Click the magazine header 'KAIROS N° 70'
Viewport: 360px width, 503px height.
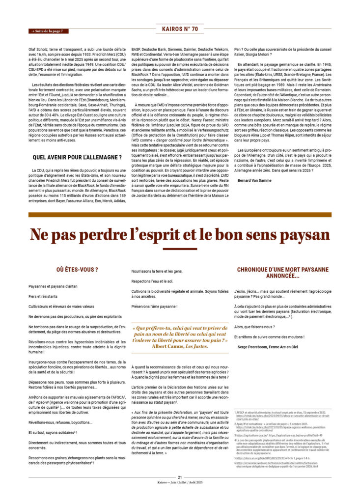coord(180,29)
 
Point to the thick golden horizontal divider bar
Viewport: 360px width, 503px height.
coord(180,215)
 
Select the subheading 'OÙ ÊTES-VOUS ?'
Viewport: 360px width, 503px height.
coord(77,270)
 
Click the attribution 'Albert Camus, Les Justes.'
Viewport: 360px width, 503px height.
coord(180,346)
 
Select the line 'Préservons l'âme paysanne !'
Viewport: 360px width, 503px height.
coord(154,307)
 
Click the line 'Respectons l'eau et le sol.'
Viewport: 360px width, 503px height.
coord(152,281)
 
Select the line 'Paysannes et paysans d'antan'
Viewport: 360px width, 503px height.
coord(54,286)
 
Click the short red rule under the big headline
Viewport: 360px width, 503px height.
coord(180,249)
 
